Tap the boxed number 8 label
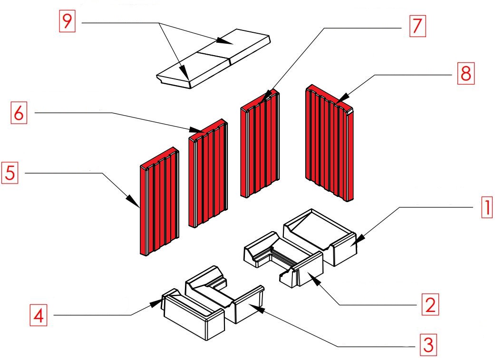coord(466,73)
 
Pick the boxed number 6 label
coord(19,112)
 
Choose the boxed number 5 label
coord(10,173)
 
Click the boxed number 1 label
coord(487,207)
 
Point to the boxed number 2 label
coord(430,304)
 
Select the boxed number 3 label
coord(428,344)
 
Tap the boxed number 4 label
coord(39,315)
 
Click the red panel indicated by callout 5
coord(159,201)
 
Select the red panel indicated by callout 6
coord(208,173)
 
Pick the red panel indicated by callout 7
coord(260,143)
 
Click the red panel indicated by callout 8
coord(329,143)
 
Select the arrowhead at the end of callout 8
coord(343,97)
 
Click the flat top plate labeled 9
coord(214,59)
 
